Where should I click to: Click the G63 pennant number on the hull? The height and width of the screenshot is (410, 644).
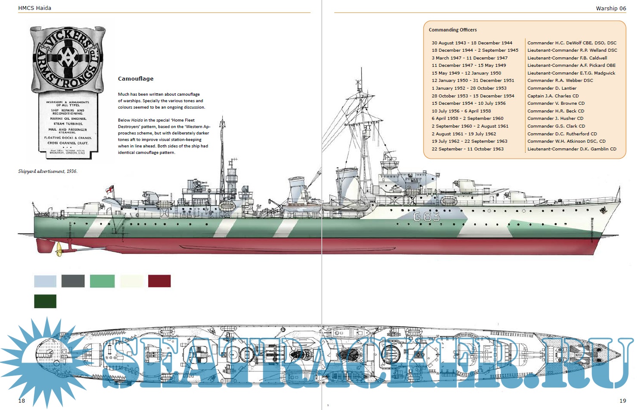coord(426,216)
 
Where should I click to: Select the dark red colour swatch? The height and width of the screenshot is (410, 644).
coord(159,281)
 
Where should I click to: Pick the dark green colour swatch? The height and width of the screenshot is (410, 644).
coord(45,301)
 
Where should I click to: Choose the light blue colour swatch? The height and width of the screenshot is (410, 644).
coord(45,281)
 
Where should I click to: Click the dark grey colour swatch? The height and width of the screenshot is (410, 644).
coord(73,281)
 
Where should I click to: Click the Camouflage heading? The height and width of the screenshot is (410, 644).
coord(136,79)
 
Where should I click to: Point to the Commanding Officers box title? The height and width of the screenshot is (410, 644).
coord(453,30)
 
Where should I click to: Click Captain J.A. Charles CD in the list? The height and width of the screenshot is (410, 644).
coord(553,96)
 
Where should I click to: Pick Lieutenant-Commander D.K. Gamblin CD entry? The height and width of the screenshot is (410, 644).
coord(572,149)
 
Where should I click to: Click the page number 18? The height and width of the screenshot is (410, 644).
coord(22,401)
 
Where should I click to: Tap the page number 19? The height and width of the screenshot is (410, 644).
coord(622,401)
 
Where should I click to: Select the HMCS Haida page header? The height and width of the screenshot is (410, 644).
coord(34,8)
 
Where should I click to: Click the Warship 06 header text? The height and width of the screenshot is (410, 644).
coord(611,8)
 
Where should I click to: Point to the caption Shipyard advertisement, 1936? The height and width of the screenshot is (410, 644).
coord(48,171)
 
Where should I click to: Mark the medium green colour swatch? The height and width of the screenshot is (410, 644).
coord(103,281)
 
